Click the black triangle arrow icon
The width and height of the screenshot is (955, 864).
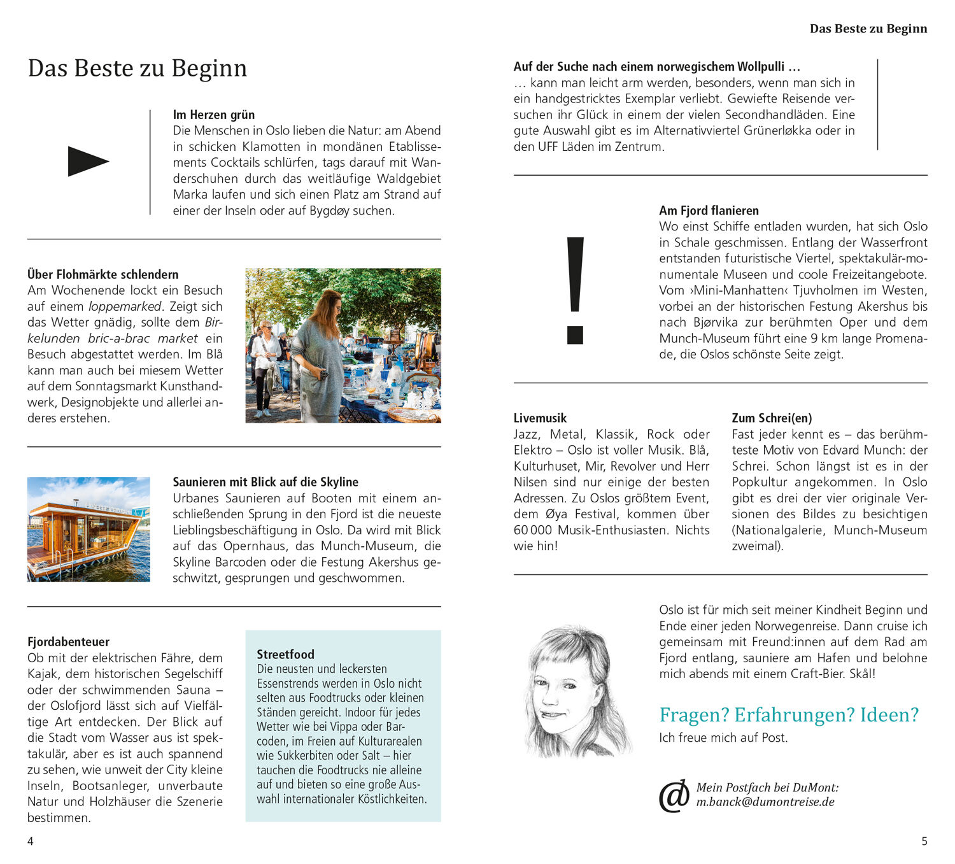[88, 161]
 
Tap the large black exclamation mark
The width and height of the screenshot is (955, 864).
[575, 290]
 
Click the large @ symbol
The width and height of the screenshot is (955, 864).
[674, 795]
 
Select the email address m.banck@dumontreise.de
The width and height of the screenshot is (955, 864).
[765, 802]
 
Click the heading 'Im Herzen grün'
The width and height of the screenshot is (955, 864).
[214, 115]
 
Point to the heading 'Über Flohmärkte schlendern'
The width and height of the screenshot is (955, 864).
[103, 274]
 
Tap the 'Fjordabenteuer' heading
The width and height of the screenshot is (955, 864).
[68, 642]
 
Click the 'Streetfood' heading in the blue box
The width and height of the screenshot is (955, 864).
[285, 654]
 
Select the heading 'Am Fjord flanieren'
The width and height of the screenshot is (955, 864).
[709, 211]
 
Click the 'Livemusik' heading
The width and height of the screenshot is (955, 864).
[540, 418]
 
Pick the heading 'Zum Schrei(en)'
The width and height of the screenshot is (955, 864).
[772, 418]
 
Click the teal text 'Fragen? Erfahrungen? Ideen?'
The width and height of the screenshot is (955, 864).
[789, 715]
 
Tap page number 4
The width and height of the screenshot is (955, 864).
[30, 841]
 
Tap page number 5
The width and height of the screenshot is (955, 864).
[924, 841]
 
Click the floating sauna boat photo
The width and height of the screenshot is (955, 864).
[88, 529]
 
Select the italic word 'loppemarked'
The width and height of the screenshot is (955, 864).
[125, 306]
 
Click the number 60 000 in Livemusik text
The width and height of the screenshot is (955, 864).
[533, 530]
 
